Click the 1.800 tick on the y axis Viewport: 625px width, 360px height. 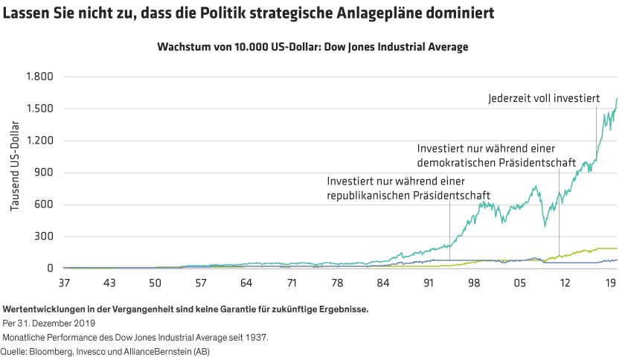pos(39,77)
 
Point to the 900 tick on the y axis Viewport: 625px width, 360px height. pos(45,173)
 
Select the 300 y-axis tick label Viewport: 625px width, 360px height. pos(45,237)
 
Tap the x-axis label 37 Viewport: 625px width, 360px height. pos(64,283)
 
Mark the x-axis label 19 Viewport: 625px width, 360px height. pos(611,283)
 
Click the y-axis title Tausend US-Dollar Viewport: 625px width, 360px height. pos(16,173)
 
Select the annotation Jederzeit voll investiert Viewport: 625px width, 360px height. pos(544,97)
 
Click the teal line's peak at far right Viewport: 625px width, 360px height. pos(617,98)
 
